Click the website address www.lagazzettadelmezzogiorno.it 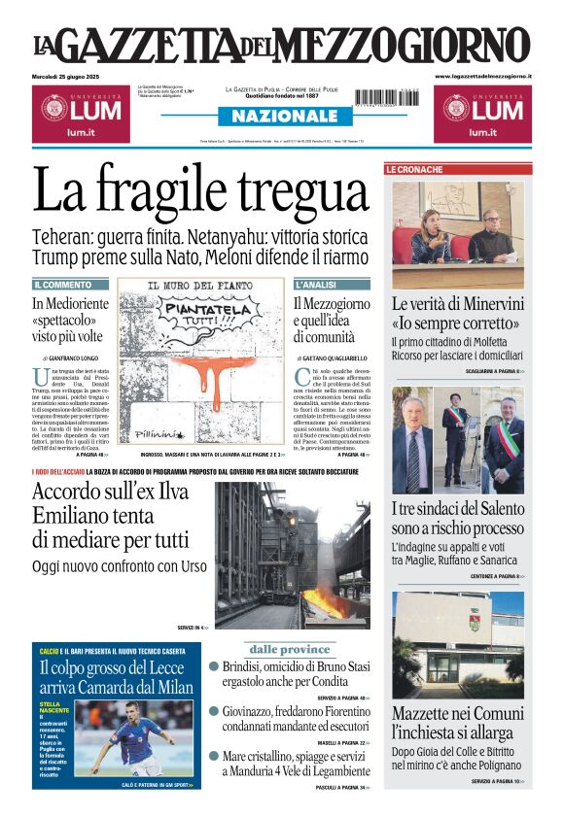coord(483,76)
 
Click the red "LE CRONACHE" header coord(415,169)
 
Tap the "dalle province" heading coord(290,649)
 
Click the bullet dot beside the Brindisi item coord(214,666)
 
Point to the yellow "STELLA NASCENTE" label coord(51,707)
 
